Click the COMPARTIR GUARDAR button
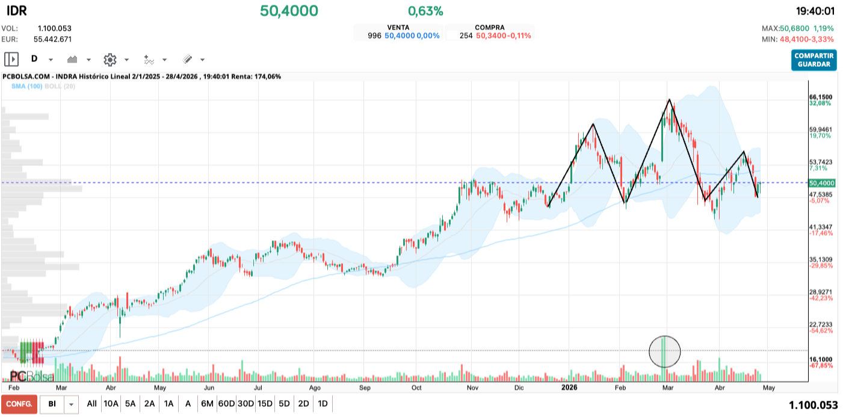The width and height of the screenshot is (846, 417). (814, 60)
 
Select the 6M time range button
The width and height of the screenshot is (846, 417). (207, 404)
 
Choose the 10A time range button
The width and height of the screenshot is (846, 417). (111, 404)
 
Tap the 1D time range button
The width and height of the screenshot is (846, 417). (323, 404)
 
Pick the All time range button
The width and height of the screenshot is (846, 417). (91, 404)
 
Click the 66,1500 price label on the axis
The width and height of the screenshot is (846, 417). (821, 97)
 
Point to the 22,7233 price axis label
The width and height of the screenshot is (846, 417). (821, 324)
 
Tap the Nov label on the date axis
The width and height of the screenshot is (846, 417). (472, 388)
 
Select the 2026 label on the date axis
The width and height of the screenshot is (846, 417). (569, 388)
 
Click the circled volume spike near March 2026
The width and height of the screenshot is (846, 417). (664, 351)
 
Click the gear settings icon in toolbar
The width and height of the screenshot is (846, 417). (110, 60)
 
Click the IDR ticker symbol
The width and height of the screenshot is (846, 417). (16, 11)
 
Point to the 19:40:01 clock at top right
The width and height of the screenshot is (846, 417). (815, 11)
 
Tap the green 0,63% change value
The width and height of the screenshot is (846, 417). (425, 11)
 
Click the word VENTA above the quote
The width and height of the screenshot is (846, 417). (398, 27)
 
